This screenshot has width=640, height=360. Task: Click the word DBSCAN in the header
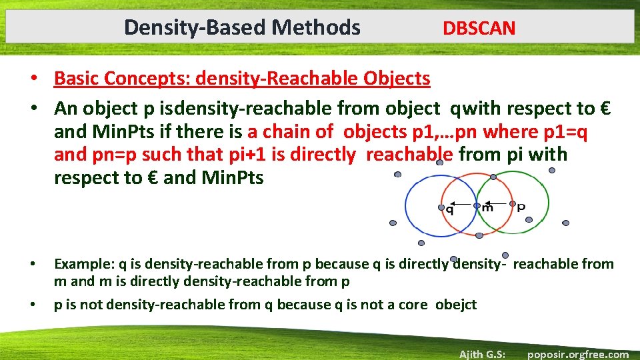pos(479,28)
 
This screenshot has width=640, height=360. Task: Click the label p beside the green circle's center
pos(521,207)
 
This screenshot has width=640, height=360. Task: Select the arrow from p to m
pos(495,203)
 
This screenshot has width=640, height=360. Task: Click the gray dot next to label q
pos(441,207)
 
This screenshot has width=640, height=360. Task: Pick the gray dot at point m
pos(477,206)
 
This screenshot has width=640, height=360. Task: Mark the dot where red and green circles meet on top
pos(493,177)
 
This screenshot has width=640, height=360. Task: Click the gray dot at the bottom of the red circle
pos(479,234)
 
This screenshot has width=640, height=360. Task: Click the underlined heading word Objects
pos(397,79)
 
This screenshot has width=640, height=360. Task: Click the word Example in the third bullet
pos(82,264)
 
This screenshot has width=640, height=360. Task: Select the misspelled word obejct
pos(456,305)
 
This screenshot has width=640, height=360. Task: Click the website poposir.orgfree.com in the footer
pos(577,354)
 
